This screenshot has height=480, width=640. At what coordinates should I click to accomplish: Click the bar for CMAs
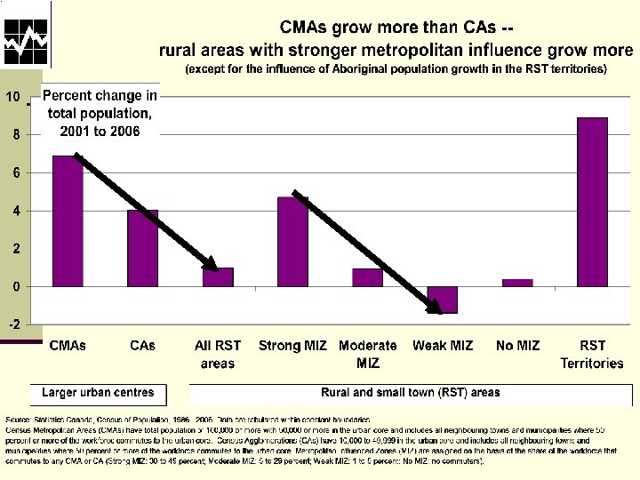tap(68, 222)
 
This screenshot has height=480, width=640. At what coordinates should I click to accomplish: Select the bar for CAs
tap(142, 249)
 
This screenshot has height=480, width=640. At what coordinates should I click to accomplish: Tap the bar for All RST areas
tap(218, 277)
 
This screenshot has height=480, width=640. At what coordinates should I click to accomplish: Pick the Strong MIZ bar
tap(292, 242)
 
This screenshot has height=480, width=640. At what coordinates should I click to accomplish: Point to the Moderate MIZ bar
tap(367, 277)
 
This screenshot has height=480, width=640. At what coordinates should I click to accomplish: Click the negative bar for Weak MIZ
tap(443, 300)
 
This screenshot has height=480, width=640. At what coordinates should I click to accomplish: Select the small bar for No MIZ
tap(517, 283)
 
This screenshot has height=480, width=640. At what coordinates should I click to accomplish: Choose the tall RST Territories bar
tap(592, 202)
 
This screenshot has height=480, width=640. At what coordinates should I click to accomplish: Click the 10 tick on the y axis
tap(15, 96)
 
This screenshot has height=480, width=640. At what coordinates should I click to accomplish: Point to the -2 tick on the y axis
tap(15, 324)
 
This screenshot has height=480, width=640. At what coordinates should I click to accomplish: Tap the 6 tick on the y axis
tap(15, 172)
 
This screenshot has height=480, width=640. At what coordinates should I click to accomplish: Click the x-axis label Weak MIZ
tap(443, 345)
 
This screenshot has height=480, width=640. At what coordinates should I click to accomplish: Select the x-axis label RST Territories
tap(592, 354)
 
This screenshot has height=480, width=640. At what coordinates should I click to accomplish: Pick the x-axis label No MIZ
tap(517, 345)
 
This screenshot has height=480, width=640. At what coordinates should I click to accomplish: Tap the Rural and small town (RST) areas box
tap(410, 392)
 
